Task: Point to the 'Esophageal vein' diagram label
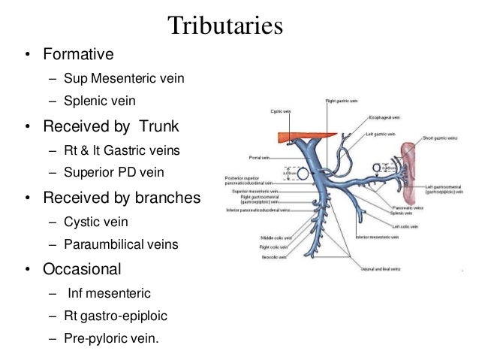pos(385,117)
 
